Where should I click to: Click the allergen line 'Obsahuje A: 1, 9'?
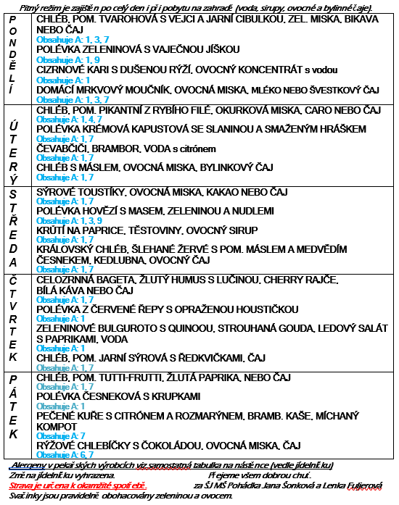(x=57, y=59)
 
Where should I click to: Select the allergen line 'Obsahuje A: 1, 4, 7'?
(x=62, y=119)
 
